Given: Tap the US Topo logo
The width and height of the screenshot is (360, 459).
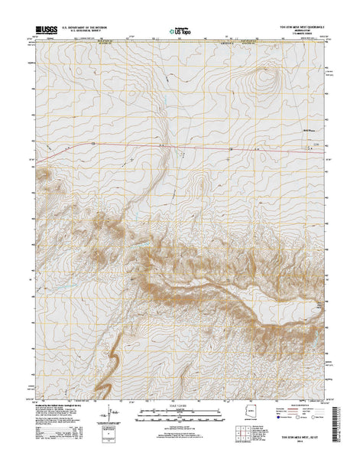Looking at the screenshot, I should pyautogui.click(x=180, y=33).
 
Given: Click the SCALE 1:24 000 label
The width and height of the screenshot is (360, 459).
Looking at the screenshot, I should pyautogui.click(x=180, y=404).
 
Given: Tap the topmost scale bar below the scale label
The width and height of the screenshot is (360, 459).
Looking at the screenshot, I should pyautogui.click(x=180, y=410).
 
